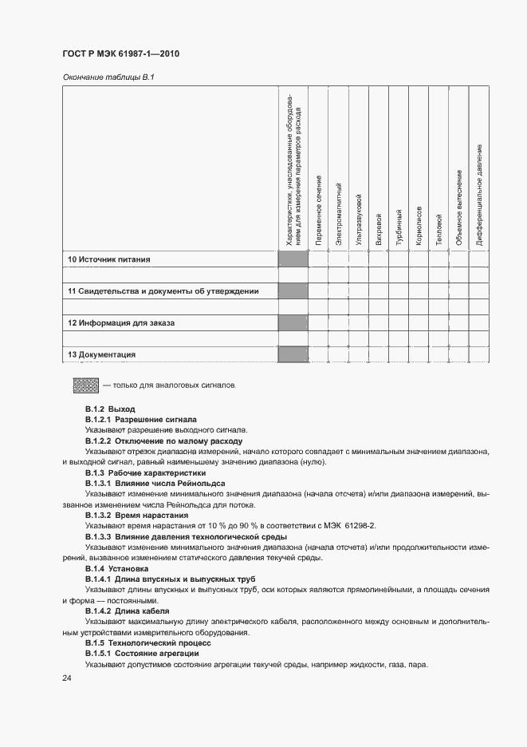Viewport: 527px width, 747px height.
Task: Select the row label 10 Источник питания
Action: tap(108, 259)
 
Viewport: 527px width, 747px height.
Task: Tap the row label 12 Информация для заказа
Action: tap(120, 323)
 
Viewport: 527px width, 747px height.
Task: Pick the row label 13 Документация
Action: tap(101, 354)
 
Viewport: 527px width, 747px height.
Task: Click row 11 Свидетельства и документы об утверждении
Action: tap(163, 291)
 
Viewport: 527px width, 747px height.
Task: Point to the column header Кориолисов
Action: tap(419, 225)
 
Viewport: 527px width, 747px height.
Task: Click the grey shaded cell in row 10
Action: tap(293, 259)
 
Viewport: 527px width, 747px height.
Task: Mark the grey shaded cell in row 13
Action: tap(293, 354)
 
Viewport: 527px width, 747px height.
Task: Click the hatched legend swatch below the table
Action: tap(85, 385)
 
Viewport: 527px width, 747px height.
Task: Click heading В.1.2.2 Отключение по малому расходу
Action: tap(164, 441)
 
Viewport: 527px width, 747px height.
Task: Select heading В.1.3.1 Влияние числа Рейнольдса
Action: tap(155, 484)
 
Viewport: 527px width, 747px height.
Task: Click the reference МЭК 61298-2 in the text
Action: tap(348, 527)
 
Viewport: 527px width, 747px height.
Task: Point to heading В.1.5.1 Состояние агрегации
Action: tap(142, 653)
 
